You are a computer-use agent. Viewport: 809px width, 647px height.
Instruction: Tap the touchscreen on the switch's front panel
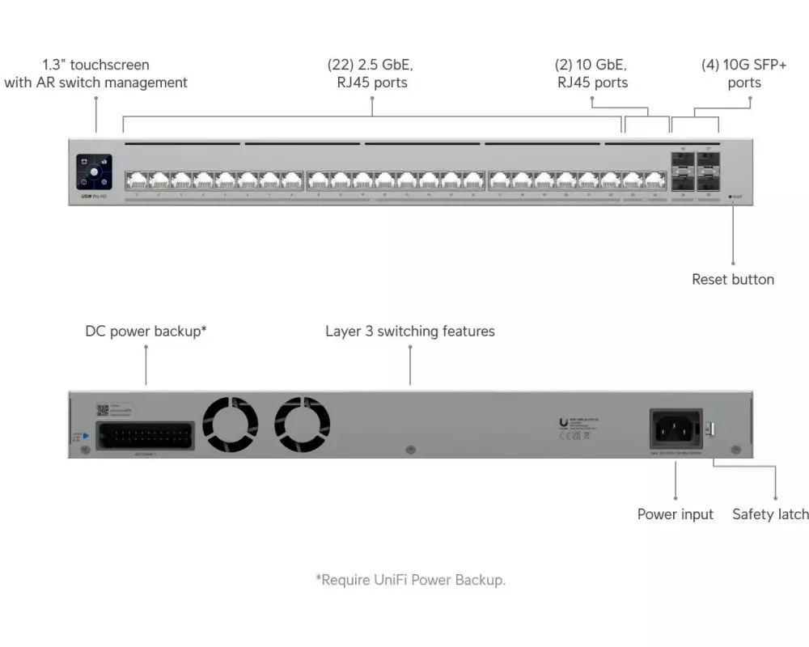point(95,172)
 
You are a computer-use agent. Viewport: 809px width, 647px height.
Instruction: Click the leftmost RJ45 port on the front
point(136,180)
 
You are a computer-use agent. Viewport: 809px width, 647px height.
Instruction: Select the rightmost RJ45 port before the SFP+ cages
point(654,180)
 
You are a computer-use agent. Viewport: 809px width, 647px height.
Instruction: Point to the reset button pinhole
point(731,196)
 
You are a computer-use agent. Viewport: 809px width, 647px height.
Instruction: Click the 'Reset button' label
point(732,280)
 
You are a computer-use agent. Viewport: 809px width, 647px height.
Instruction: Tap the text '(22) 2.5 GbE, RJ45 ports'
point(372,74)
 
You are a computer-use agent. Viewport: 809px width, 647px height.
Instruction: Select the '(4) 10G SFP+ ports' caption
point(743,74)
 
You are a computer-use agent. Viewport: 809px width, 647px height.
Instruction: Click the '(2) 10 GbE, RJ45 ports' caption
point(591,74)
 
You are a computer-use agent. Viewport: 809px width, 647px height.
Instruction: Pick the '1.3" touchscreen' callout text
point(95,74)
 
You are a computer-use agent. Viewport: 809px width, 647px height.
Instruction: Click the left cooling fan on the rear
point(230,425)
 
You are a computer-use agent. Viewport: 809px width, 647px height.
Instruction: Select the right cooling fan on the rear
point(303,425)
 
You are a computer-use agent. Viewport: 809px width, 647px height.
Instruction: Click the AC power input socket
point(675,429)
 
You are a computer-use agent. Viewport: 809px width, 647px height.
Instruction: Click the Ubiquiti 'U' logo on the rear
point(563,422)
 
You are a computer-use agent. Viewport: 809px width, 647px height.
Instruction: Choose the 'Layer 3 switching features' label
point(410,332)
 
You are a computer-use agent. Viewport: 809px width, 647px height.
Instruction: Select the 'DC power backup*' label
point(146,332)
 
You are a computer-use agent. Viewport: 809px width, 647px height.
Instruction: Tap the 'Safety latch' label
point(770,514)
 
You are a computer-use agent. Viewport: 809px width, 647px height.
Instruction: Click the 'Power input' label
point(675,514)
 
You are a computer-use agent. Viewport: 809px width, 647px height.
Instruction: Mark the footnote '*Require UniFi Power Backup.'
point(410,580)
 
